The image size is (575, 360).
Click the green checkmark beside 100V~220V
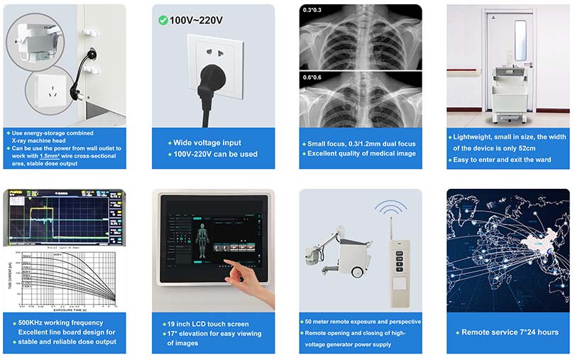(162, 20)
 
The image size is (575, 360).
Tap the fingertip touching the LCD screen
(229, 263)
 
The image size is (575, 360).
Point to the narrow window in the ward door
(520, 40)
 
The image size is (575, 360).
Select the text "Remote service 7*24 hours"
(510, 332)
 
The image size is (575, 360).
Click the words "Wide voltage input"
(207, 143)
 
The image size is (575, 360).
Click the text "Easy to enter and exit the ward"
(506, 160)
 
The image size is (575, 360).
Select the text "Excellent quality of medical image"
(362, 153)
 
